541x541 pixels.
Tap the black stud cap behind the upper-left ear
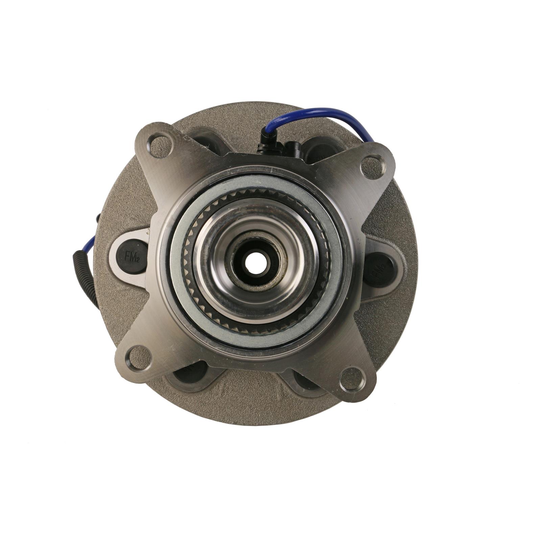[206, 139]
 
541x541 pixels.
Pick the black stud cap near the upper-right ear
[320, 149]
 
